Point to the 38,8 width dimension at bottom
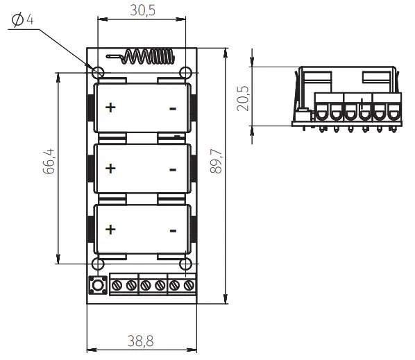tap(142, 341)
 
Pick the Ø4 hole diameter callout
tap(22, 20)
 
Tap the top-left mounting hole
tap(98, 73)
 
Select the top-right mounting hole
tap(185, 73)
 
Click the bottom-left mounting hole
tap(98, 264)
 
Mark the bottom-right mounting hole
tap(185, 264)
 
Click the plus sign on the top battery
tap(110, 108)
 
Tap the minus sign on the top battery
tap(173, 108)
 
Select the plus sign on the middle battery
tap(110, 169)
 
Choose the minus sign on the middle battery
tap(173, 169)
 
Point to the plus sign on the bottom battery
tap(110, 230)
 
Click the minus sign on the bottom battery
tap(173, 230)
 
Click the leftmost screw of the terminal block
tap(117, 285)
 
